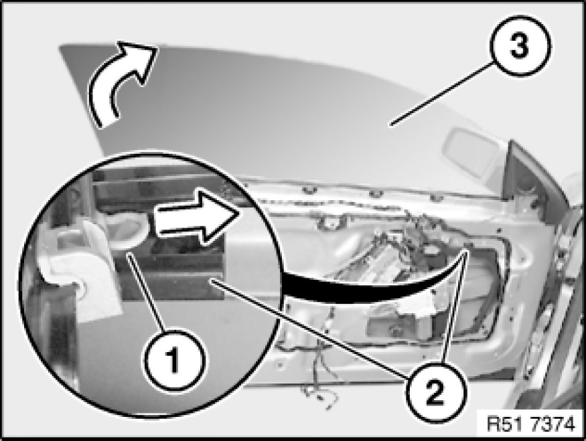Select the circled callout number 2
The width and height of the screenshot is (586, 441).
point(436,391)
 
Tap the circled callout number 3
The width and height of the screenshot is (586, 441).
point(520,46)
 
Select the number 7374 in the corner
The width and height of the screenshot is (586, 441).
point(553,424)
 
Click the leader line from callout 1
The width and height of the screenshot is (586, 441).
point(146,292)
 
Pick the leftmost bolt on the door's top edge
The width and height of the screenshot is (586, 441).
point(309,191)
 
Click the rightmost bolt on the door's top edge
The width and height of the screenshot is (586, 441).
point(433,197)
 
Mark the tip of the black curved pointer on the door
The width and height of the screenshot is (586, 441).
point(467,251)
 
